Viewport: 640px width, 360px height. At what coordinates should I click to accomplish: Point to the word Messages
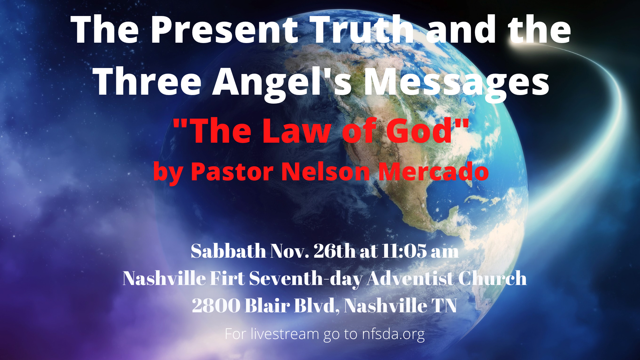click(x=456, y=83)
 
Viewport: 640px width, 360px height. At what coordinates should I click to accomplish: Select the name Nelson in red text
click(x=326, y=171)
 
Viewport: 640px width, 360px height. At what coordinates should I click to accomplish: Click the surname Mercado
click(x=433, y=171)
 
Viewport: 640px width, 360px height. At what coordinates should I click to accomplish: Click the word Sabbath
click(x=228, y=251)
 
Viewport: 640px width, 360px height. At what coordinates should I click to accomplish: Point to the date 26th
click(x=334, y=251)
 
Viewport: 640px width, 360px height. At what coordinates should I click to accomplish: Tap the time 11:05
click(x=404, y=251)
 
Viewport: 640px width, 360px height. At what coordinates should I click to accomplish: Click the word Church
click(x=492, y=278)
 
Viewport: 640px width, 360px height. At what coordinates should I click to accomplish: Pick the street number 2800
click(x=216, y=305)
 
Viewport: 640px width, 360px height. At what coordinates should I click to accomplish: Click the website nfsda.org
click(x=393, y=334)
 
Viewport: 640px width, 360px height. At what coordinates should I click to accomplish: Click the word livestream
click(x=285, y=334)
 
